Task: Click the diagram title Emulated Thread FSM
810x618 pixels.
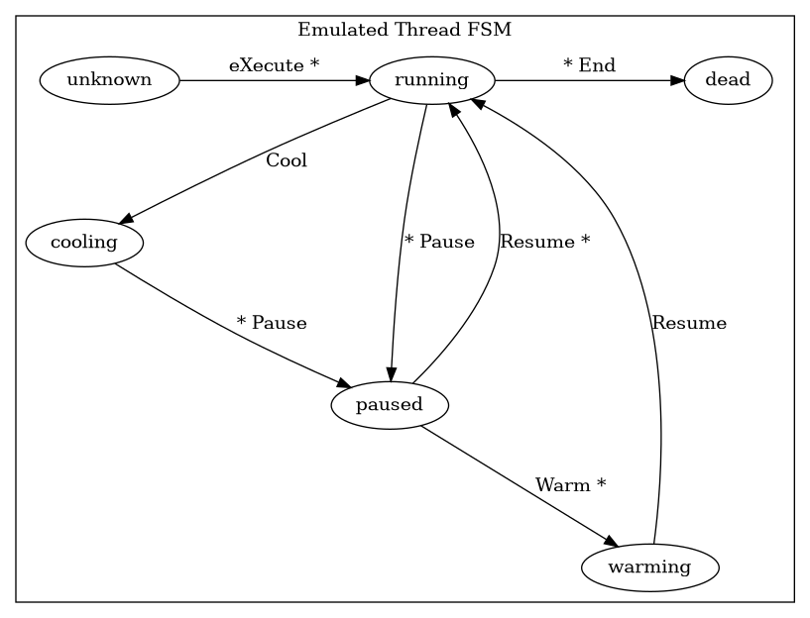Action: pyautogui.click(x=405, y=29)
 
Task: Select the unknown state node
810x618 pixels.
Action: pyautogui.click(x=109, y=80)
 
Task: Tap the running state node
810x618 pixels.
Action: pyautogui.click(x=431, y=80)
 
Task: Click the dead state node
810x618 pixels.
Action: pyautogui.click(x=728, y=80)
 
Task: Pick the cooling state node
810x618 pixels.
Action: pyautogui.click(x=84, y=243)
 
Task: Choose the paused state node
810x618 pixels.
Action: pyautogui.click(x=390, y=405)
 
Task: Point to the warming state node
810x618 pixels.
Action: pyautogui.click(x=649, y=567)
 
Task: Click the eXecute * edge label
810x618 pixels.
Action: pyautogui.click(x=274, y=66)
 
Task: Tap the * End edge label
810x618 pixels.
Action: pyautogui.click(x=589, y=66)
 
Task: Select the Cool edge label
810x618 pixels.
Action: pyautogui.click(x=287, y=160)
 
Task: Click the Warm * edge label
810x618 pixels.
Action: pyautogui.click(x=570, y=485)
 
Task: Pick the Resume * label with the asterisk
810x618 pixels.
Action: pyautogui.click(x=545, y=242)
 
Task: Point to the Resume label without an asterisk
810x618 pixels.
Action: pyautogui.click(x=689, y=323)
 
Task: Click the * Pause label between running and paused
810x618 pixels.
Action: pyautogui.click(x=439, y=242)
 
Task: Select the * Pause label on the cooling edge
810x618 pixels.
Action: pyautogui.click(x=272, y=323)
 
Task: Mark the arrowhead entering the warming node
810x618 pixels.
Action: pyautogui.click(x=612, y=543)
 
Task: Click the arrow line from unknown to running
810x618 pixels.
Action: pyautogui.click(x=268, y=80)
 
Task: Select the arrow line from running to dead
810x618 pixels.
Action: pyautogui.click(x=585, y=80)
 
